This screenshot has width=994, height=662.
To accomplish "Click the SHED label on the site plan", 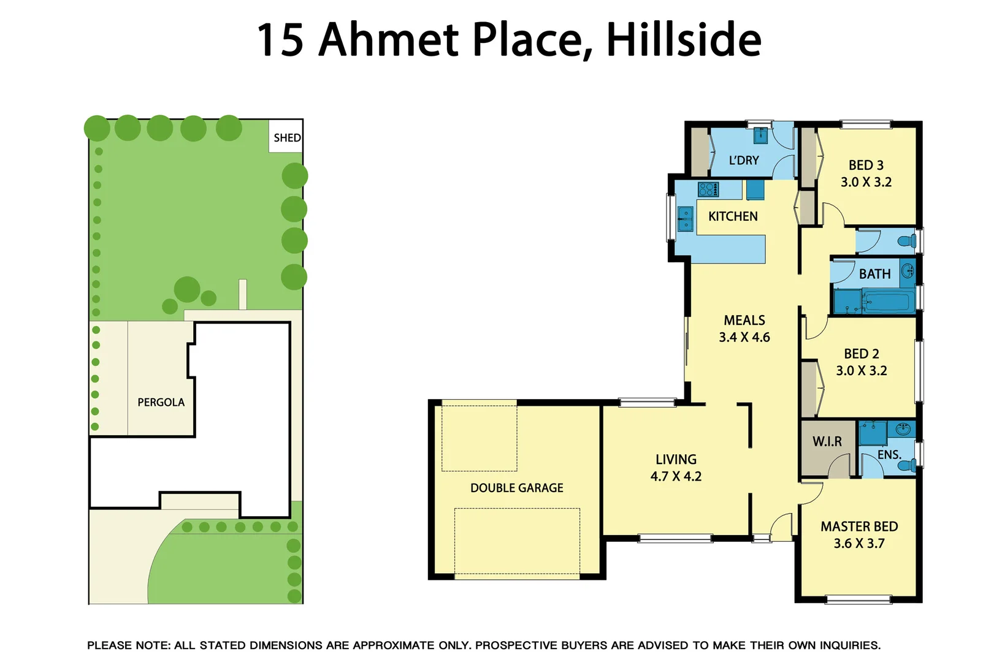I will pyautogui.click(x=287, y=138).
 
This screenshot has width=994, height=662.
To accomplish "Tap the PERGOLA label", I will pyautogui.click(x=161, y=402).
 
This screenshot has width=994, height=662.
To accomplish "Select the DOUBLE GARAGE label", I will pyautogui.click(x=516, y=488).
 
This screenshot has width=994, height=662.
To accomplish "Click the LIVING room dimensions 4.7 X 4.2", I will pyautogui.click(x=676, y=476).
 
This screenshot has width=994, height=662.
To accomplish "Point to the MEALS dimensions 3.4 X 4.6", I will pyautogui.click(x=744, y=337).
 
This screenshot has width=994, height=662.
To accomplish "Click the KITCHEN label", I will pyautogui.click(x=733, y=216).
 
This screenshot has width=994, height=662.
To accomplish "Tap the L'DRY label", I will pyautogui.click(x=744, y=161).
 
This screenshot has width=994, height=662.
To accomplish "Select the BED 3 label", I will pyautogui.click(x=865, y=165).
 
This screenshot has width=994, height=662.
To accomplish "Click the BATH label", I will pyautogui.click(x=874, y=274).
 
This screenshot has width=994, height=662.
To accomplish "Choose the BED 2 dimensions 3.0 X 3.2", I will pyautogui.click(x=861, y=371).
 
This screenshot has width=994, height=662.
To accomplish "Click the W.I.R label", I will pyautogui.click(x=827, y=441).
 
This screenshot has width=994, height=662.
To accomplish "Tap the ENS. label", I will pyautogui.click(x=889, y=455).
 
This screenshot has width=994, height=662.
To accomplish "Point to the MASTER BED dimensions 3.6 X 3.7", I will pyautogui.click(x=858, y=544).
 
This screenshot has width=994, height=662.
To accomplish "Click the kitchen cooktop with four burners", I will pyautogui.click(x=708, y=189).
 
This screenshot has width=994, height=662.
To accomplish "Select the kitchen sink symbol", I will pyautogui.click(x=685, y=219).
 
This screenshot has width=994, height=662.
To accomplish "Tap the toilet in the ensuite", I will pyautogui.click(x=906, y=466).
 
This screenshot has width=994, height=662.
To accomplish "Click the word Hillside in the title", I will pyautogui.click(x=683, y=40).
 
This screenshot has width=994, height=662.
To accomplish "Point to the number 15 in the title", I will pyautogui.click(x=280, y=40).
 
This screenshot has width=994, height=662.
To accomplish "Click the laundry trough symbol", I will pyautogui.click(x=760, y=135).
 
